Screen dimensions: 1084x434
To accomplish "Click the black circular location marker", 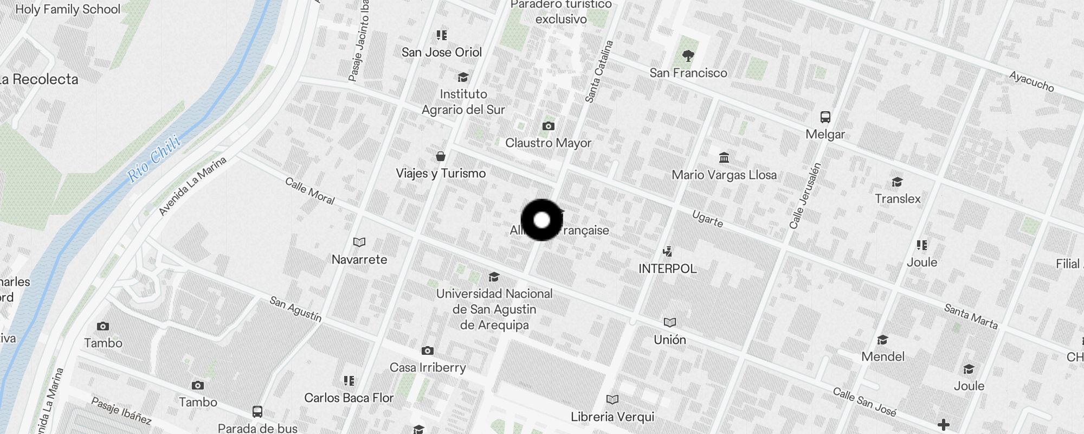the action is [x=541, y=220].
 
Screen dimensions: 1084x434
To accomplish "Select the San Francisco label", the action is [x=688, y=73].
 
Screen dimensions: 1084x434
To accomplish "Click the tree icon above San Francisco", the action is [x=688, y=55].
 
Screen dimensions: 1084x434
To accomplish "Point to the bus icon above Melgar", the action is [x=825, y=117].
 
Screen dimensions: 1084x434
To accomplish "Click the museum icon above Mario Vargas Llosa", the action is [x=724, y=158].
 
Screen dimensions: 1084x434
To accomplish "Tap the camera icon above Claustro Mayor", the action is [x=548, y=126].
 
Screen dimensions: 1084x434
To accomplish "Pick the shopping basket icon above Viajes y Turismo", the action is [x=441, y=157].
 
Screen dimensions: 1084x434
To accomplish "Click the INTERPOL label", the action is [x=667, y=269].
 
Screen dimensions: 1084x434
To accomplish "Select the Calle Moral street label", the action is [x=310, y=191].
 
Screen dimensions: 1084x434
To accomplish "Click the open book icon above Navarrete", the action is [x=359, y=242].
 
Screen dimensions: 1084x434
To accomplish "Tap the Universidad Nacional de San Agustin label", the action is [x=494, y=309].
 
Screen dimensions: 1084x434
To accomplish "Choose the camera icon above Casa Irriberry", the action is [x=428, y=351].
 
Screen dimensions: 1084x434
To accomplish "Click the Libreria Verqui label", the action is [x=612, y=417].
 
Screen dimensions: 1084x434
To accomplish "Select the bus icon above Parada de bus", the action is [x=257, y=412].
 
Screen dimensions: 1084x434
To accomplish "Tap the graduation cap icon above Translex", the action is [x=897, y=182].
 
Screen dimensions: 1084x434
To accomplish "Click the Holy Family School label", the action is [x=68, y=9].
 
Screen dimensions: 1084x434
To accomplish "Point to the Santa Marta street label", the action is [x=971, y=316].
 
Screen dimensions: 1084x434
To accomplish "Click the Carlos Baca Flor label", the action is [x=349, y=398].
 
